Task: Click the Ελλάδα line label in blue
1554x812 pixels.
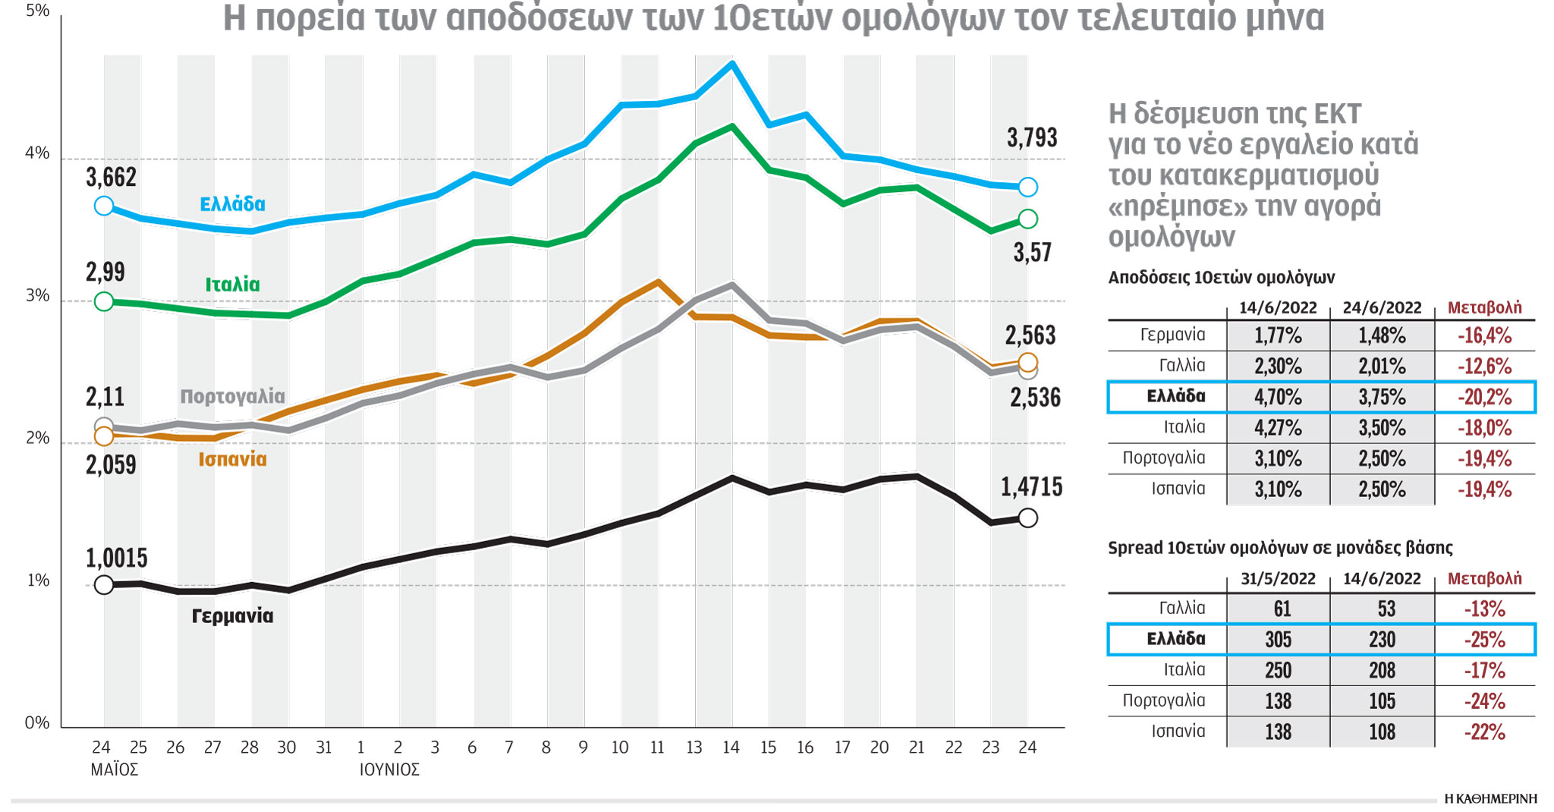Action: (x=232, y=204)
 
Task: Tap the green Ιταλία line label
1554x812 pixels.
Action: (x=232, y=285)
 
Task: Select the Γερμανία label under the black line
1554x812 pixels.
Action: (x=232, y=615)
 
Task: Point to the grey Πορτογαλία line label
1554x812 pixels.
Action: (x=232, y=396)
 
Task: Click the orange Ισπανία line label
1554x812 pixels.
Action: (x=232, y=459)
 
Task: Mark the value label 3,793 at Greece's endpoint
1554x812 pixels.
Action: (x=1031, y=138)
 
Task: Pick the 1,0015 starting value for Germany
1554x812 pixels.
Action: (x=116, y=559)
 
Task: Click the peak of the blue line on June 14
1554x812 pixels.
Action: (x=731, y=64)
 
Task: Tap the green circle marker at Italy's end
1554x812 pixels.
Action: (x=1027, y=219)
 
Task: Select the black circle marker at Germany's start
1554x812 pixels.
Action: (x=104, y=584)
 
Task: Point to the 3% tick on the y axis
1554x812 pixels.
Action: (x=37, y=295)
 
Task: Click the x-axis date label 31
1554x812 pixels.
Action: (x=324, y=747)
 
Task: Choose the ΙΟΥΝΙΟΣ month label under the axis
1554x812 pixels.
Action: (x=389, y=770)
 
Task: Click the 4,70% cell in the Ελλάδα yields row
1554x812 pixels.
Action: (x=1278, y=397)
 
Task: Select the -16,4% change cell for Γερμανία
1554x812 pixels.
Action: (x=1484, y=335)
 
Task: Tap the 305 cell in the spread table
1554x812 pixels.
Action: (x=1278, y=640)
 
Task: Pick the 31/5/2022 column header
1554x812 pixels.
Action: (x=1278, y=579)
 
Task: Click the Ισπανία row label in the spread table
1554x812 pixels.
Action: (x=1178, y=731)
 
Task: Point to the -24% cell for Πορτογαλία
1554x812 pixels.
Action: (x=1484, y=701)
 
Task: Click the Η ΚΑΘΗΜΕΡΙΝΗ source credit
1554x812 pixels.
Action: (x=1490, y=798)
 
